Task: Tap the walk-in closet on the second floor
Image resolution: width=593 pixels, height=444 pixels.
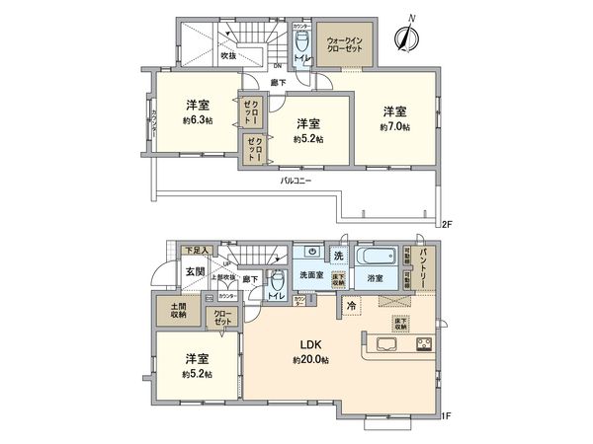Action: coord(345,44)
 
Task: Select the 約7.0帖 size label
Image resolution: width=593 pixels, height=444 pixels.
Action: coord(393,127)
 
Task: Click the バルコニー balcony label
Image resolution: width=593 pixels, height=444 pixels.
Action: coord(296,182)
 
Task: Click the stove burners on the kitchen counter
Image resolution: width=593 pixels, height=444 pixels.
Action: coord(423,345)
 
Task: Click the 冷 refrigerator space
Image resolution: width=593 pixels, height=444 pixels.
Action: coord(351,307)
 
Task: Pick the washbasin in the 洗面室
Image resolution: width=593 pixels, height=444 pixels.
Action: coord(311,252)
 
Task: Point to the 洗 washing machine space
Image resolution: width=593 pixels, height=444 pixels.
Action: coord(337,256)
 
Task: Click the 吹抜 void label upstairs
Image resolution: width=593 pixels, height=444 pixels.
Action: coord(228,56)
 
